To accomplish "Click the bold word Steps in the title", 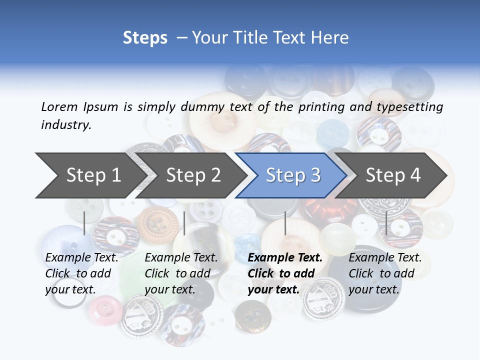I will click(145, 38).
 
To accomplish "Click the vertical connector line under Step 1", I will click(84, 223).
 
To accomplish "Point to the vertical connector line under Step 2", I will click(184, 223).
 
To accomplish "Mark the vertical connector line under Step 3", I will click(285, 223).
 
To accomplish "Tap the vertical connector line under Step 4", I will click(386, 223).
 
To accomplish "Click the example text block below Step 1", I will click(81, 273).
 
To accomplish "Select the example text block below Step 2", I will click(181, 273).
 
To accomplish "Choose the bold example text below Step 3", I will click(285, 273).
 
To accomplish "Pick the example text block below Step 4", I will click(385, 273).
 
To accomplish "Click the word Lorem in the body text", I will click(59, 106).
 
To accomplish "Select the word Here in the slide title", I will click(330, 38).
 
